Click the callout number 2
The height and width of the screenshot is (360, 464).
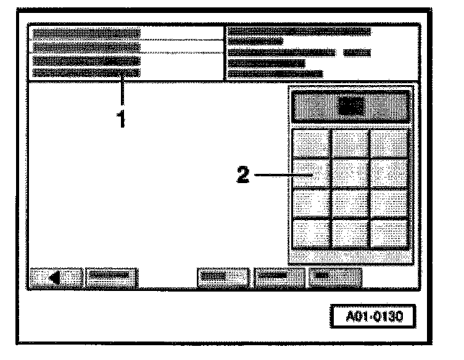[244, 175]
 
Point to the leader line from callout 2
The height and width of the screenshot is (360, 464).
[281, 175]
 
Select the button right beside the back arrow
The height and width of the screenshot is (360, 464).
[111, 277]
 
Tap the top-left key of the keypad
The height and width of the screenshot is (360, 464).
[310, 143]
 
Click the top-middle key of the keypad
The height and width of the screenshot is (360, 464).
[350, 143]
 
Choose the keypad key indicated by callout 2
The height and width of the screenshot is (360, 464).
[310, 174]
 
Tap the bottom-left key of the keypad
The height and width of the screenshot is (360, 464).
[310, 233]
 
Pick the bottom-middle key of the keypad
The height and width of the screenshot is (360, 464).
[350, 233]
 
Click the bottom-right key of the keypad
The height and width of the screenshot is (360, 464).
[389, 233]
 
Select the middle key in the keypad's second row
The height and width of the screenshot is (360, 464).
[350, 174]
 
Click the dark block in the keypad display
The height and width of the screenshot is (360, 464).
[350, 106]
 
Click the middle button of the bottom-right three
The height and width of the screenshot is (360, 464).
[279, 277]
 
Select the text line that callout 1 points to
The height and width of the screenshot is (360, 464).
[86, 73]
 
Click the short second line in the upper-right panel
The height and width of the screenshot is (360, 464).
[255, 42]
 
